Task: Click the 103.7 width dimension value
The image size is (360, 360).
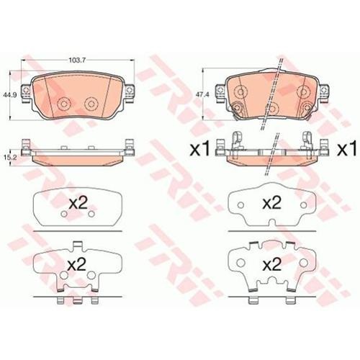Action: pyautogui.click(x=77, y=60)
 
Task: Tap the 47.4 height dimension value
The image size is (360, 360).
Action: pyautogui.click(x=198, y=94)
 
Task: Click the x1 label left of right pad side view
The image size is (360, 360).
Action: pyautogui.click(x=200, y=149)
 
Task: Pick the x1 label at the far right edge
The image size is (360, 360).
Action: pyautogui.click(x=347, y=149)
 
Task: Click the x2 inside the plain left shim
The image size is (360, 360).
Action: pyautogui.click(x=78, y=203)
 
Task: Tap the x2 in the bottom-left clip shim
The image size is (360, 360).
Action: pyautogui.click(x=77, y=265)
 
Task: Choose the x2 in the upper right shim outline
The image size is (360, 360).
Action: pyautogui.click(x=272, y=203)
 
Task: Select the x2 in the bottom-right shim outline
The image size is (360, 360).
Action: pyautogui.click(x=272, y=265)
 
